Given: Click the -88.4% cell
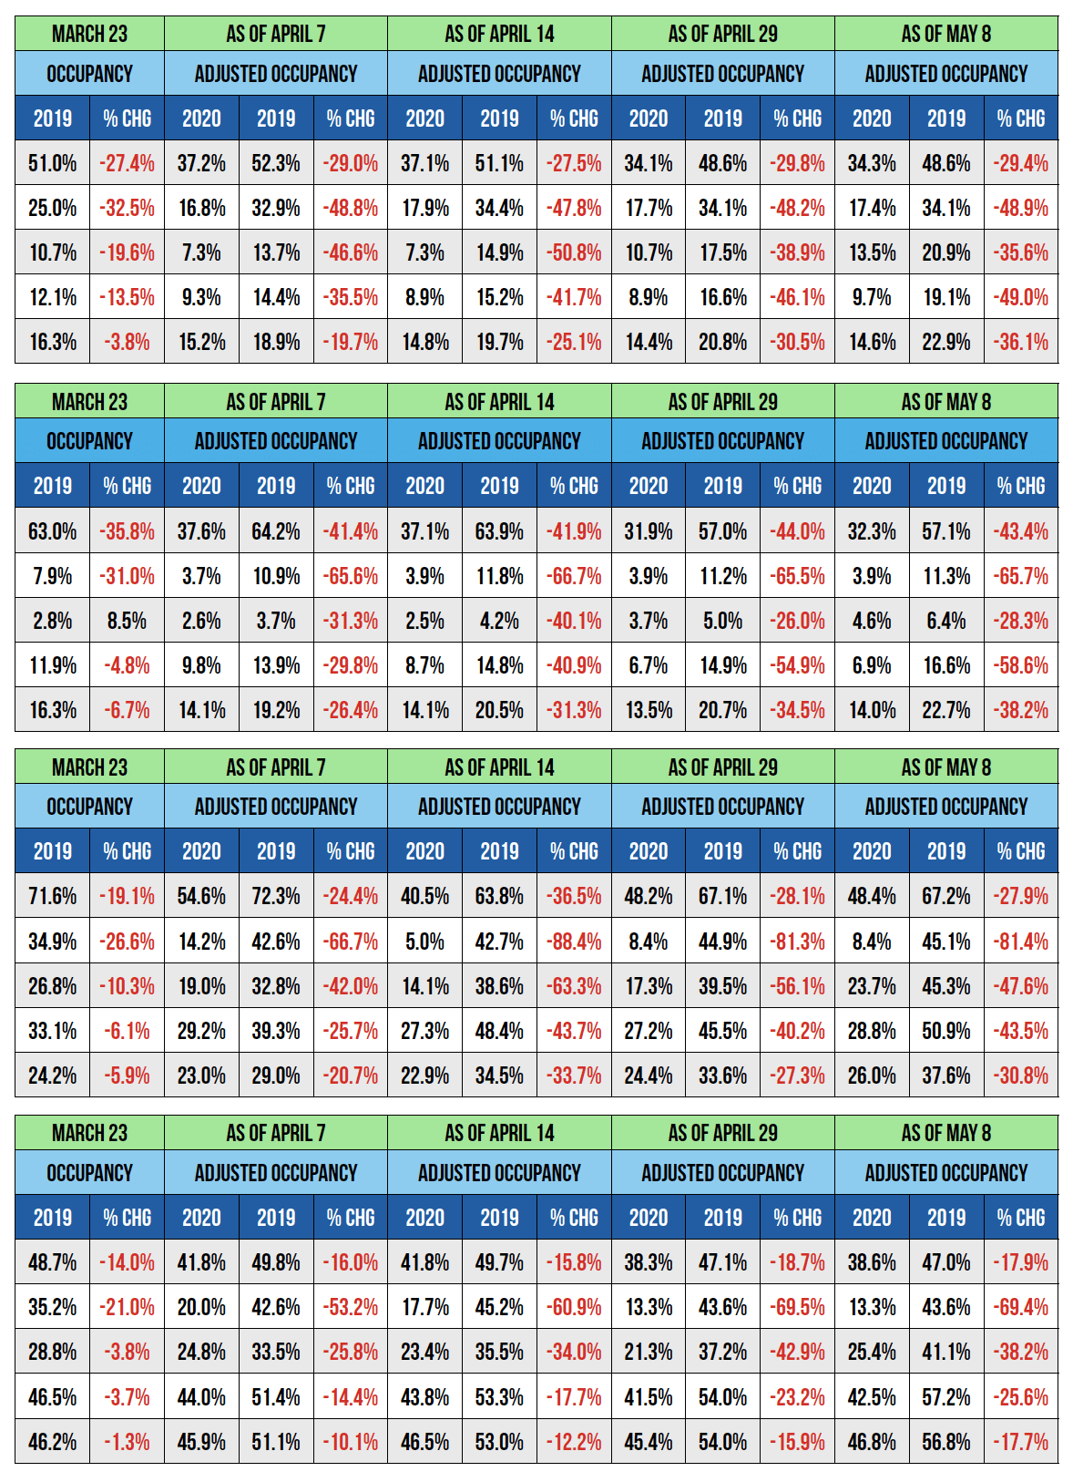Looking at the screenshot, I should [x=574, y=941].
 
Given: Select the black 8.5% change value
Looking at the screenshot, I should [x=127, y=621].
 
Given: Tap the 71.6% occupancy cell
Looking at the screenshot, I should [x=52, y=896].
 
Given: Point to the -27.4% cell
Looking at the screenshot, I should [x=127, y=163].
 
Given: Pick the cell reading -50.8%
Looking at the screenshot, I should [x=574, y=252].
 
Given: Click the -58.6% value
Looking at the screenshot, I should [x=1021, y=665].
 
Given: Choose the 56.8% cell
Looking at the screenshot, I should [x=946, y=1442].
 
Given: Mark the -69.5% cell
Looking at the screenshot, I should [x=797, y=1307].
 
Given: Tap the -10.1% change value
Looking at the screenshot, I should [x=351, y=1442].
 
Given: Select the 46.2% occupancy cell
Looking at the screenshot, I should [x=52, y=1442].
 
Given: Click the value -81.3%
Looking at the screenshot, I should [x=797, y=941].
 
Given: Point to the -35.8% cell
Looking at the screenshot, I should [x=127, y=531].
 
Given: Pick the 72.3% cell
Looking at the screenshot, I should [x=276, y=896].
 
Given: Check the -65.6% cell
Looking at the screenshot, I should [x=351, y=576].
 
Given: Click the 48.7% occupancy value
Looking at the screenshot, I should [x=52, y=1262].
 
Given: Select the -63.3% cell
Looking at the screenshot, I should [x=574, y=986].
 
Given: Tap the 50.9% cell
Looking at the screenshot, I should [x=946, y=1031].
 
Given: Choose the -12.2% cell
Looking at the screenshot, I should [x=574, y=1442].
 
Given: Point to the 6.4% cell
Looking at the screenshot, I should [x=946, y=621].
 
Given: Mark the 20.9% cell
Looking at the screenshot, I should [x=946, y=252].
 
